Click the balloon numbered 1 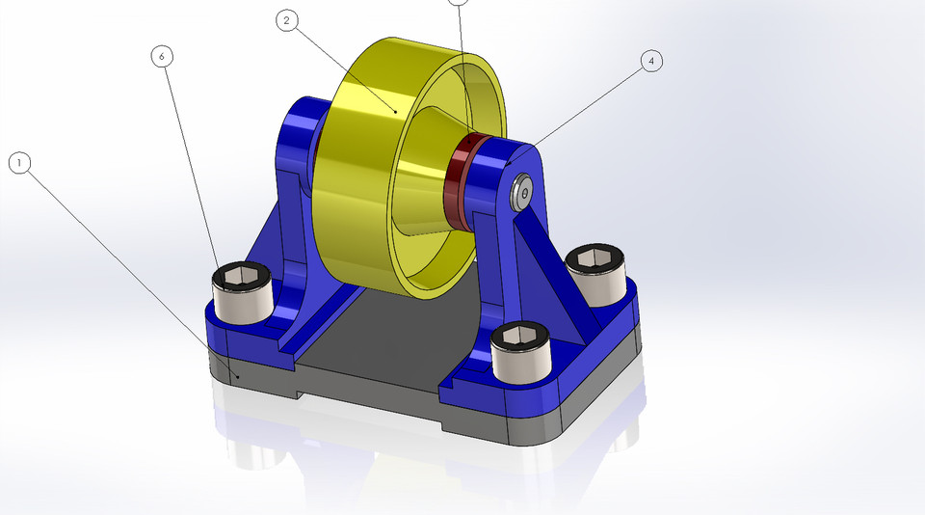19,163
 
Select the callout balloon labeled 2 286,20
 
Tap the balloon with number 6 162,56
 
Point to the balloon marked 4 651,61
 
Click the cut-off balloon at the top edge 459,2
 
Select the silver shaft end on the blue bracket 520,193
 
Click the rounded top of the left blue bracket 304,121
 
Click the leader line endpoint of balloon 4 508,166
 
